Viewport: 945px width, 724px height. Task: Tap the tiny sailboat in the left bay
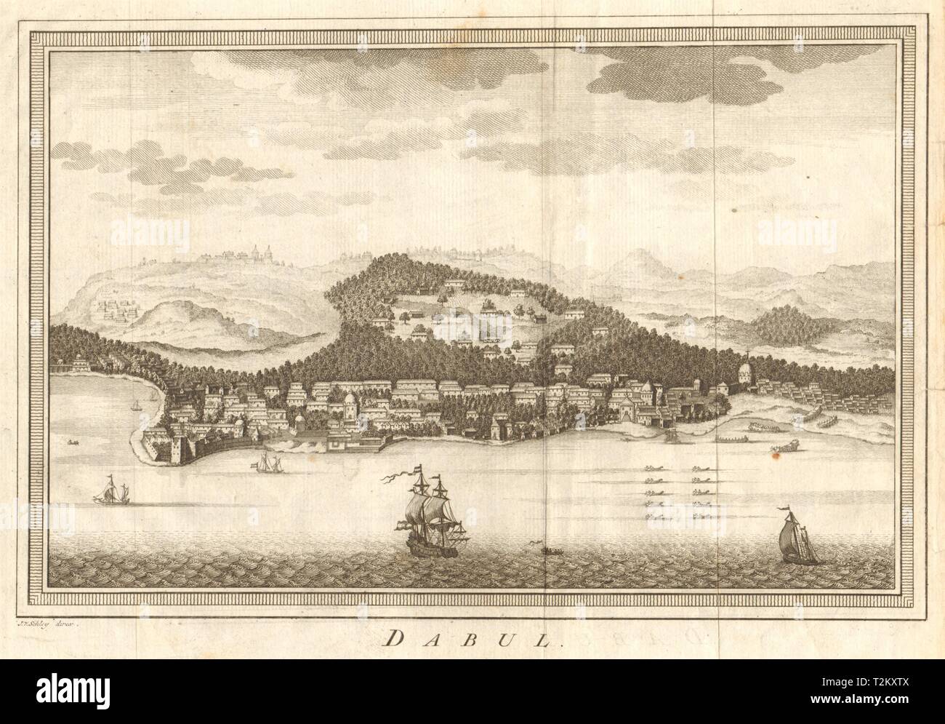click(135, 402)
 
